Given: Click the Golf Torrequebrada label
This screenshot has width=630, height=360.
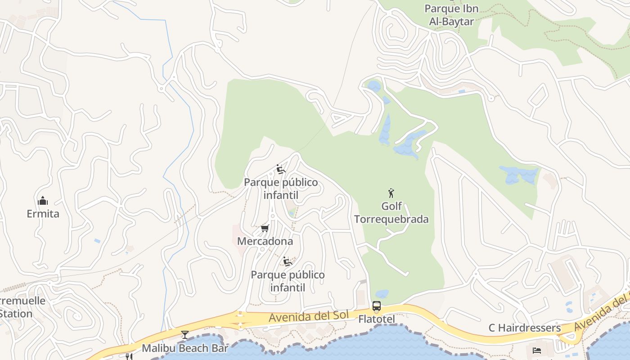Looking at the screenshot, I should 391,213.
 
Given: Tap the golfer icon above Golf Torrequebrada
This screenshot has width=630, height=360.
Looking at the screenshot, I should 391,193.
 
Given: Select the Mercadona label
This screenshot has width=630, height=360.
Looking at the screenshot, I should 265,241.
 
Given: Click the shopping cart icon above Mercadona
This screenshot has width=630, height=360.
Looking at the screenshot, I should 265,229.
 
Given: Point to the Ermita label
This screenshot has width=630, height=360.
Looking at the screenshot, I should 43,214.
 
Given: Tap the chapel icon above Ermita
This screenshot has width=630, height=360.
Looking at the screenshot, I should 43,201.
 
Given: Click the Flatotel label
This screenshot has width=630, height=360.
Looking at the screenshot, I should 377,319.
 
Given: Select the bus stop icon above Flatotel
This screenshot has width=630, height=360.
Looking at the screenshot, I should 377,306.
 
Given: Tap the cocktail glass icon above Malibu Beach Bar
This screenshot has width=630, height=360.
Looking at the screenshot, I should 184,334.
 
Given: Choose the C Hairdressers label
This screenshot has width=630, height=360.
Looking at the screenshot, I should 525,328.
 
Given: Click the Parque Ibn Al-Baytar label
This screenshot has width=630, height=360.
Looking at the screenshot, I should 451,15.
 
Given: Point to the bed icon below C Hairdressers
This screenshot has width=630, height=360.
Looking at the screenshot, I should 537,350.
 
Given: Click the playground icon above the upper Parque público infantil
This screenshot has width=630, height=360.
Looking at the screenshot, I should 281,170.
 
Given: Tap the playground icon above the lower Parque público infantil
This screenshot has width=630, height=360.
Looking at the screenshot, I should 288,261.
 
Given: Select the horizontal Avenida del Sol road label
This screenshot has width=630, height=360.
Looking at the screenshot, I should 308,316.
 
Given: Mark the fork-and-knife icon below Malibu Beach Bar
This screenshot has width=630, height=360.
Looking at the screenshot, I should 129,357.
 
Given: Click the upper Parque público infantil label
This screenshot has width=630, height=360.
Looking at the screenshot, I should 281,189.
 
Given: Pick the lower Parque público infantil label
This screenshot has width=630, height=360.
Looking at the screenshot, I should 288,281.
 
